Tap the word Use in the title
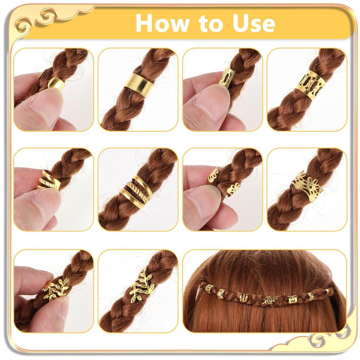pos(252,23)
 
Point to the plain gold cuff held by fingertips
pos(57,83)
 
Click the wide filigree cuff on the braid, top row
pos(310,85)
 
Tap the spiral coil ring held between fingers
pos(49,180)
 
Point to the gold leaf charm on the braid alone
pos(142,285)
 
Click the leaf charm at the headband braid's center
pos(270,300)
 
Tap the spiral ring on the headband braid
pos(244,297)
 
